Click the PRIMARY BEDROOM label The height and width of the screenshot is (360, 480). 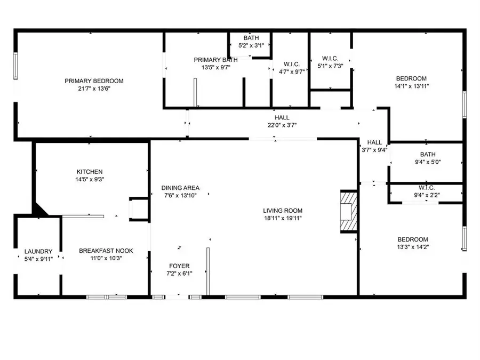click(x=94, y=81)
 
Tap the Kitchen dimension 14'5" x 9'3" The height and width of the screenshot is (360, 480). click(x=90, y=179)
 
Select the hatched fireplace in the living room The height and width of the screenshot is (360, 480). click(x=349, y=212)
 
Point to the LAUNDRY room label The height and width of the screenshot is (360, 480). click(x=38, y=251)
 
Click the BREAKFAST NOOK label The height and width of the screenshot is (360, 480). click(x=106, y=251)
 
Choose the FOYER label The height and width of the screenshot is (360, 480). click(x=179, y=266)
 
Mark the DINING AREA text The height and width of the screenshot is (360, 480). click(x=180, y=188)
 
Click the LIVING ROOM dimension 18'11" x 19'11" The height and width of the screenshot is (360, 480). click(x=283, y=218)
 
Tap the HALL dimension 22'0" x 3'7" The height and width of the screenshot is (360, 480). click(x=282, y=125)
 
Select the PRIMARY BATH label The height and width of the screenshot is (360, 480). click(x=216, y=60)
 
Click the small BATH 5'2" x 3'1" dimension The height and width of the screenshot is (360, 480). click(x=251, y=46)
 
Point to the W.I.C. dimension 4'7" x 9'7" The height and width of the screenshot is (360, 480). click(x=291, y=72)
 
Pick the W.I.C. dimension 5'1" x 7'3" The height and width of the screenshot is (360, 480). click(x=330, y=66)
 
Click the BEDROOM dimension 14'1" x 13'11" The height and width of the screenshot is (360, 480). click(x=411, y=86)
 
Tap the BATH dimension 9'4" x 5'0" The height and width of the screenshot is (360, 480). click(x=428, y=162)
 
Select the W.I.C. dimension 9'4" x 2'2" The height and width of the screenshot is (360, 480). click(x=427, y=195)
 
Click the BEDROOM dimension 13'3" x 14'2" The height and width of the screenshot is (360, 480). click(x=413, y=247)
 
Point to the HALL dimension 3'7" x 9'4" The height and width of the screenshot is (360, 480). click(x=374, y=150)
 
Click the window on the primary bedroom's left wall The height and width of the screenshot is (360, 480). click(x=15, y=66)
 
